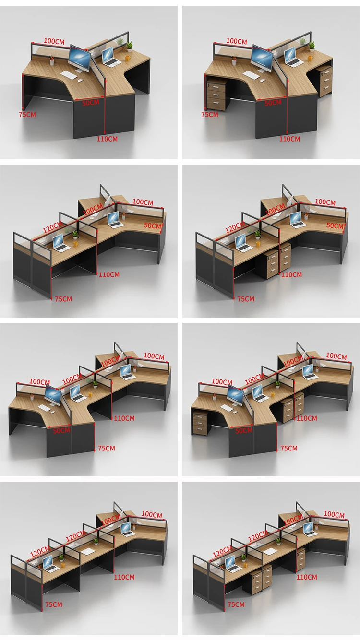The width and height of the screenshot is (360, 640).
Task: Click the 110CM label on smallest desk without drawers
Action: [107, 139]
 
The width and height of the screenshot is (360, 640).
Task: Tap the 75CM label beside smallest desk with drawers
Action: [209, 115]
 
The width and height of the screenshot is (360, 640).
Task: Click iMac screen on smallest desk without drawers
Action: [80, 59]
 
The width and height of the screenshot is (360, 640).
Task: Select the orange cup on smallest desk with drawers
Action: [310, 58]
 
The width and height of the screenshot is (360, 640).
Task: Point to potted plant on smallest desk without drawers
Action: [129, 47]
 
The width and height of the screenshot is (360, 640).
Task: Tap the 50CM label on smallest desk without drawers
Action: [90, 103]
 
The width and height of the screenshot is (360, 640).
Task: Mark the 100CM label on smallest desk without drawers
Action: [54, 42]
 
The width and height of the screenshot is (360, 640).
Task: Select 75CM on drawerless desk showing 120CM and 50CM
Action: [63, 299]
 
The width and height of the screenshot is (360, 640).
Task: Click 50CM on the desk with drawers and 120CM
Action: [335, 225]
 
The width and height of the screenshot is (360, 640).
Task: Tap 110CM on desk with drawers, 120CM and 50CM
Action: [291, 275]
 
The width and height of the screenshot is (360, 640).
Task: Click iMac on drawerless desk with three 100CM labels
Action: [53, 396]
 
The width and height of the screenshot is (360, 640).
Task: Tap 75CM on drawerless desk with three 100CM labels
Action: [107, 448]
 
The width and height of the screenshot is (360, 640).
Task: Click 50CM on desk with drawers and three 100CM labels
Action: [244, 430]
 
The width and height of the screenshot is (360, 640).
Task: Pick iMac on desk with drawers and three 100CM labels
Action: [235, 396]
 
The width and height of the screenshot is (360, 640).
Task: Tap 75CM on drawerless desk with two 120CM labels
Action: [53, 605]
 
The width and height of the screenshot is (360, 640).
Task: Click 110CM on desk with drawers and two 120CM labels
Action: [306, 577]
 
